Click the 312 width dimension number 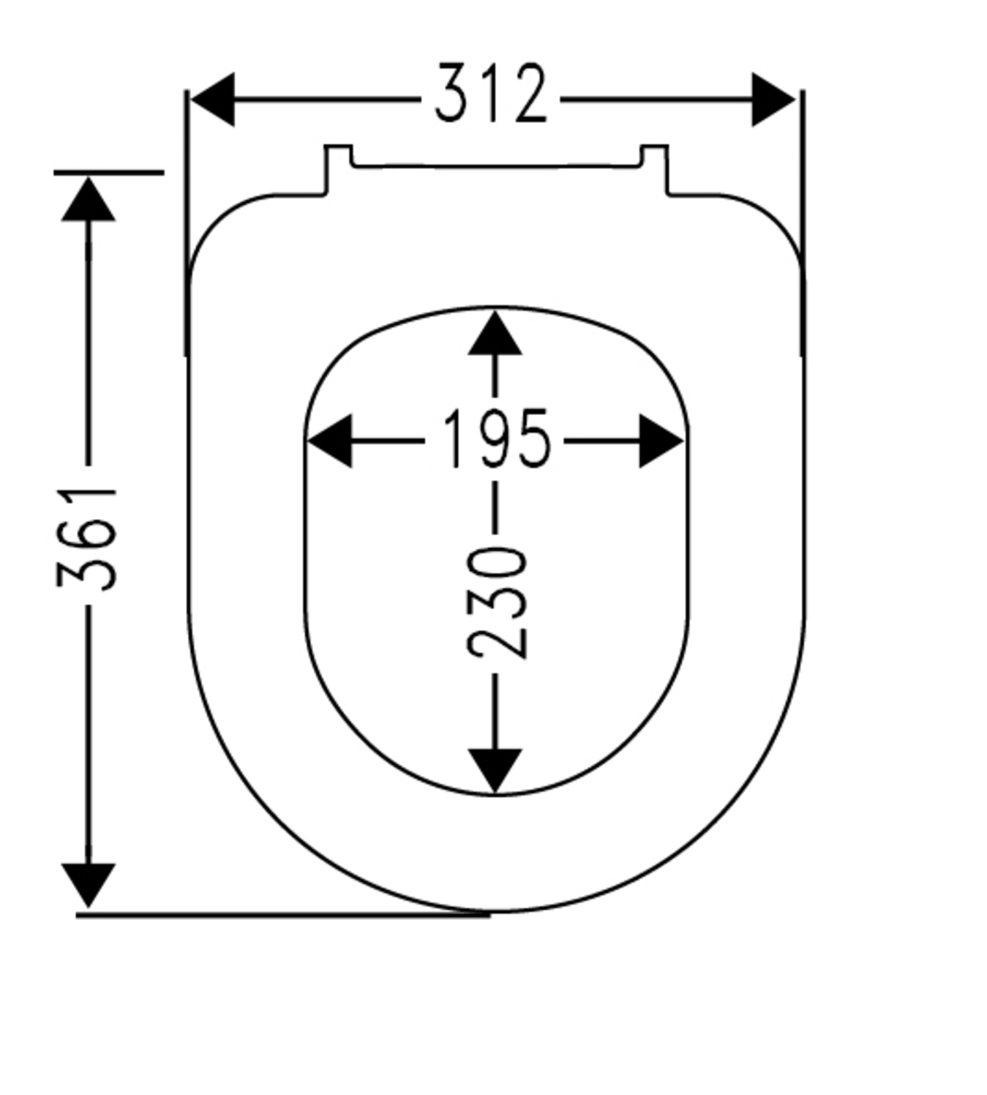(x=490, y=93)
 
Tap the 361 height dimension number (x=86, y=539)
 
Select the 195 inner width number (x=495, y=439)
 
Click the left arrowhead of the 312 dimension (x=213, y=100)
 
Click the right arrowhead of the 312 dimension (x=773, y=100)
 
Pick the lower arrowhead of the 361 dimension (x=89, y=885)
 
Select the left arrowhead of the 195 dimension (x=330, y=441)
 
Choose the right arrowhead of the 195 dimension (x=661, y=441)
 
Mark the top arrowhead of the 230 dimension (x=495, y=333)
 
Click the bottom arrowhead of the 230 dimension (x=495, y=771)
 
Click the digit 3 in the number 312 (x=452, y=93)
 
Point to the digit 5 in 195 (x=533, y=439)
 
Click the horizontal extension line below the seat (x=282, y=915)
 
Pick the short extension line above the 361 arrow (x=108, y=173)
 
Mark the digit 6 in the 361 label (x=86, y=539)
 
